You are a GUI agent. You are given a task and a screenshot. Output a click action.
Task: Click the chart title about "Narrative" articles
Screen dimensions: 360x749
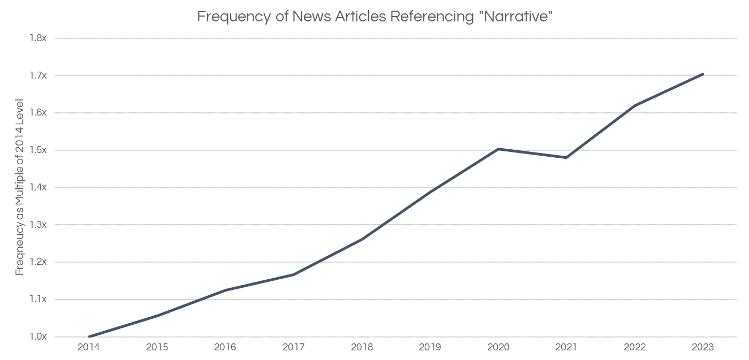(374, 17)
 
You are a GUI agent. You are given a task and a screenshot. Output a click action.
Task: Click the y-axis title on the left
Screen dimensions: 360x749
(20, 187)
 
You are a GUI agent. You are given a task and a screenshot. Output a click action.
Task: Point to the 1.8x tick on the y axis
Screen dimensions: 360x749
(39, 39)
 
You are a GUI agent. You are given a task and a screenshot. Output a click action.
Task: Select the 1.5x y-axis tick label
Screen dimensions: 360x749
(39, 150)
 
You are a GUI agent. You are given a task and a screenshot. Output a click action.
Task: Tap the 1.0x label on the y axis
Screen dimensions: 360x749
(39, 337)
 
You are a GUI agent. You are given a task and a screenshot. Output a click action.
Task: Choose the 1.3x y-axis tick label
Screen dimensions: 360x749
(39, 225)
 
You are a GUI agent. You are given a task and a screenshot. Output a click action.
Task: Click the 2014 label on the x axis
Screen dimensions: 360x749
(89, 348)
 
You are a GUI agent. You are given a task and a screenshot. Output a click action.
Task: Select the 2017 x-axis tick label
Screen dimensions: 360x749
(294, 348)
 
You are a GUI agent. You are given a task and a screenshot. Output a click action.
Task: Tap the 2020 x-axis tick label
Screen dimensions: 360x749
(499, 348)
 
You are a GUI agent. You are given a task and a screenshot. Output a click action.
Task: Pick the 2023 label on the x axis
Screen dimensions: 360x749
(702, 348)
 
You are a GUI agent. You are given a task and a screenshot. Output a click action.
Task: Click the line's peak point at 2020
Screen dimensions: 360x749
(499, 149)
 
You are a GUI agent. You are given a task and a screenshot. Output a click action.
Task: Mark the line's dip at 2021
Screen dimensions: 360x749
(566, 158)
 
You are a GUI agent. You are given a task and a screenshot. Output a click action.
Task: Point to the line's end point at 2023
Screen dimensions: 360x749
(702, 74)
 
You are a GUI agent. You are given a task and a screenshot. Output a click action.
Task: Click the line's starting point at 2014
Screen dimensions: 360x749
(89, 337)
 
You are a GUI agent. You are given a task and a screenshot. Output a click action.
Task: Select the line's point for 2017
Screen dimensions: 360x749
(294, 275)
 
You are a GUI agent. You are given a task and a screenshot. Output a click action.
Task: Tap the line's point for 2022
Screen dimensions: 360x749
(635, 106)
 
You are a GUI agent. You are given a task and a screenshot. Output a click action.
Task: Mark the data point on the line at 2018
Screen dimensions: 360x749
(362, 239)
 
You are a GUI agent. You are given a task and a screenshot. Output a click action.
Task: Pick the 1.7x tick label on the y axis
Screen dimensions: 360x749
(39, 76)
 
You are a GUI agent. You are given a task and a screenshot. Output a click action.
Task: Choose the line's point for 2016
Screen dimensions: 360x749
(225, 290)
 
